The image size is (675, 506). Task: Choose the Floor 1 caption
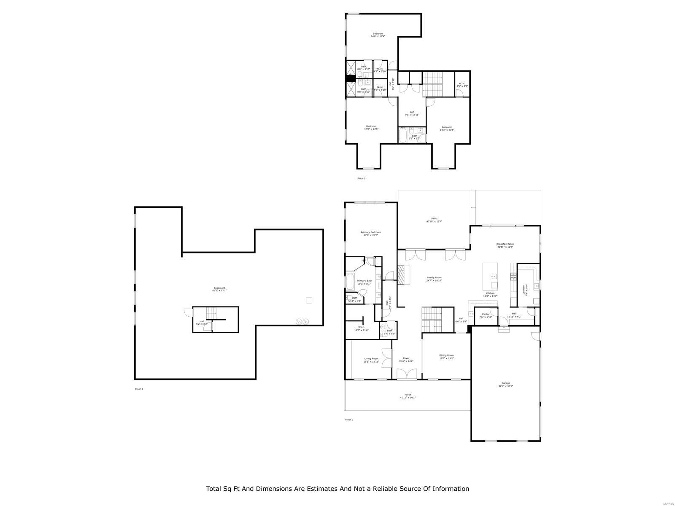coord(139,389)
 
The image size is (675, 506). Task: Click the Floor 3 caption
coord(362,178)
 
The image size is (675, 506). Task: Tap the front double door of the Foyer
coord(407,374)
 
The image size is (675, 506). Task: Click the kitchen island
coord(490,276)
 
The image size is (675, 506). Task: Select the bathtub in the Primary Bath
coord(350,281)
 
